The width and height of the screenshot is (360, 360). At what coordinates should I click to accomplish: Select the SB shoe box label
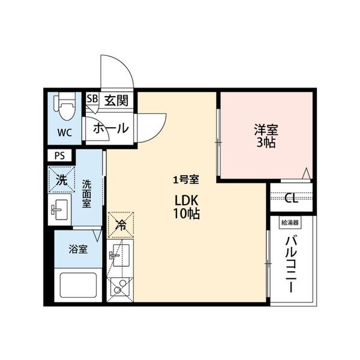(93, 99)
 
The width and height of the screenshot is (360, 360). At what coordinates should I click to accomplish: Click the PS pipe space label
(59, 155)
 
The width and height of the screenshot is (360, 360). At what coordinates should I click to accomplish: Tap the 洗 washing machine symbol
(61, 179)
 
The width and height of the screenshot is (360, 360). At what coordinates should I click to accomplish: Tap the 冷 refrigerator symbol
(121, 226)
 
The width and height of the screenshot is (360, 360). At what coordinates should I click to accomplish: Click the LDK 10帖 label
(187, 206)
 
